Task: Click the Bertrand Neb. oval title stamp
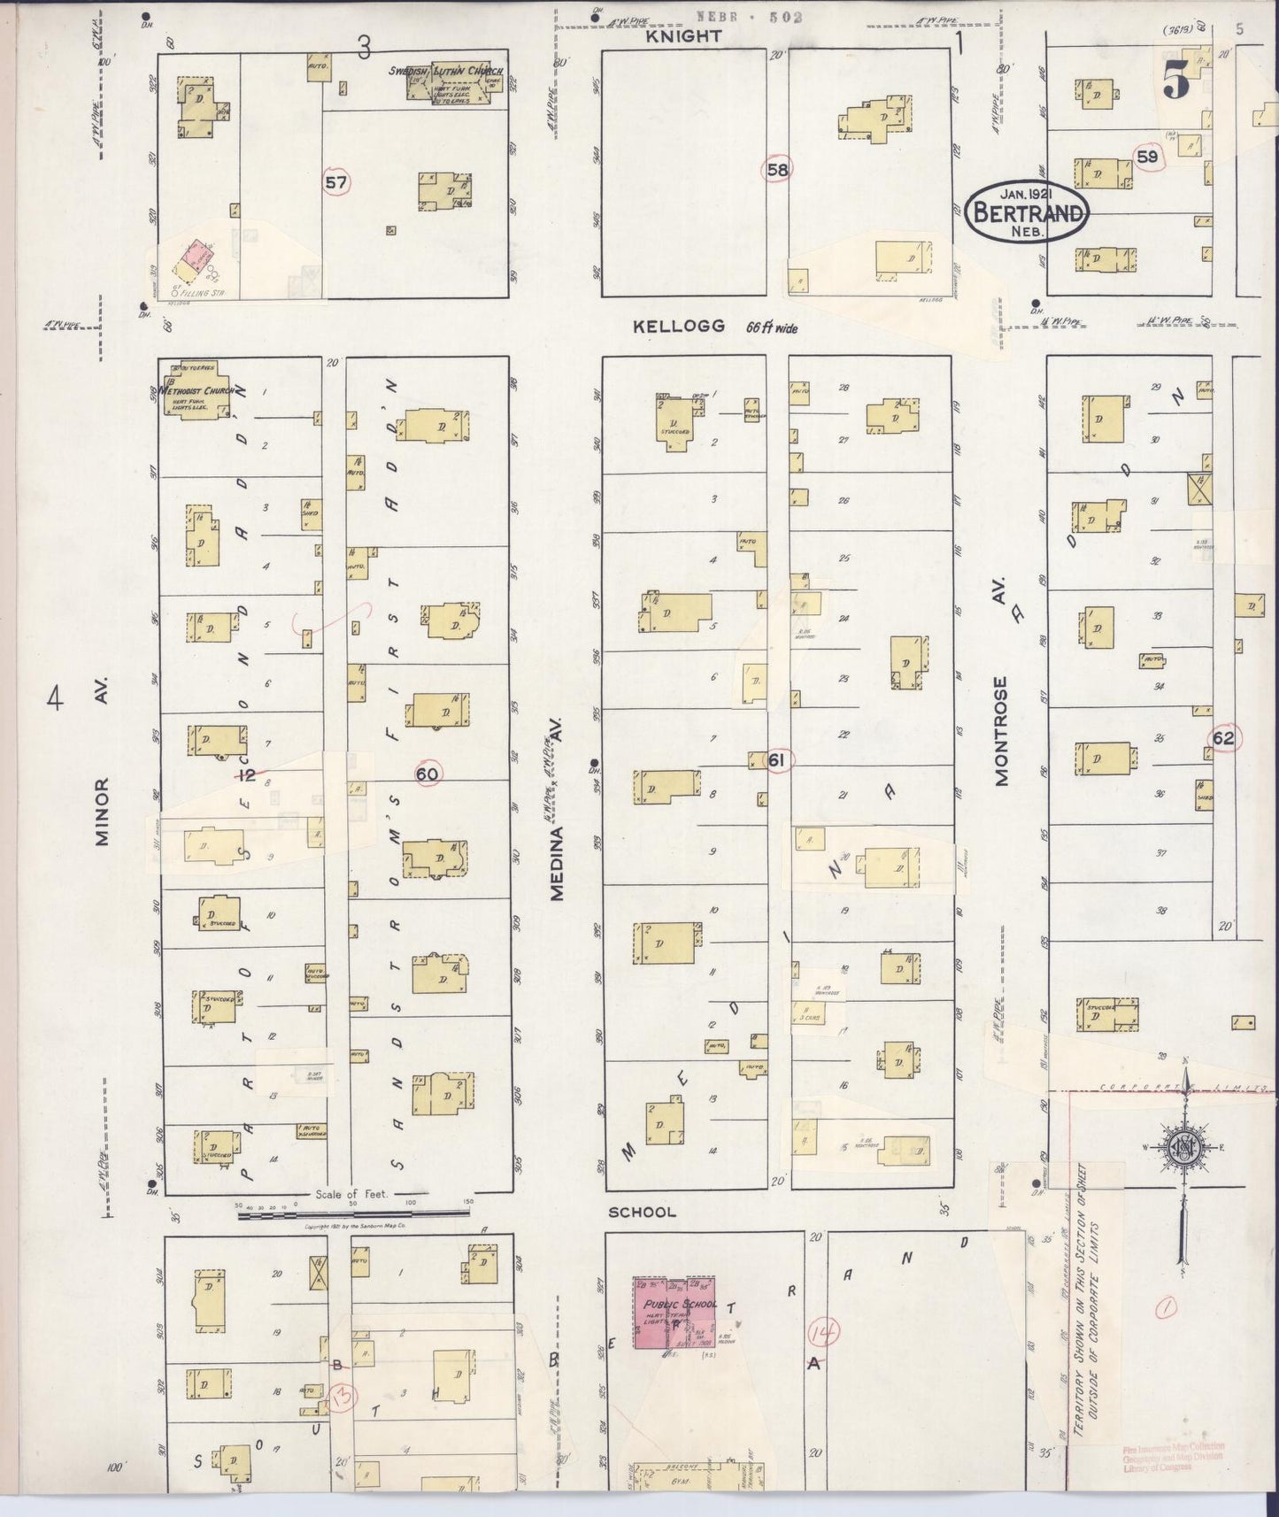click(1027, 213)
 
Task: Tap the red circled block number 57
click(336, 183)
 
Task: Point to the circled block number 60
click(428, 774)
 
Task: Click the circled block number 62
click(1223, 738)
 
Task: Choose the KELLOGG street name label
click(679, 327)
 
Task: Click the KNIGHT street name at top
click(683, 36)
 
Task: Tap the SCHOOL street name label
click(643, 1212)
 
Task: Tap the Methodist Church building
click(197, 389)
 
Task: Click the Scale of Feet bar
click(354, 1215)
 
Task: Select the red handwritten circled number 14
click(823, 1330)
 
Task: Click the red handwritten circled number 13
click(342, 1398)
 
